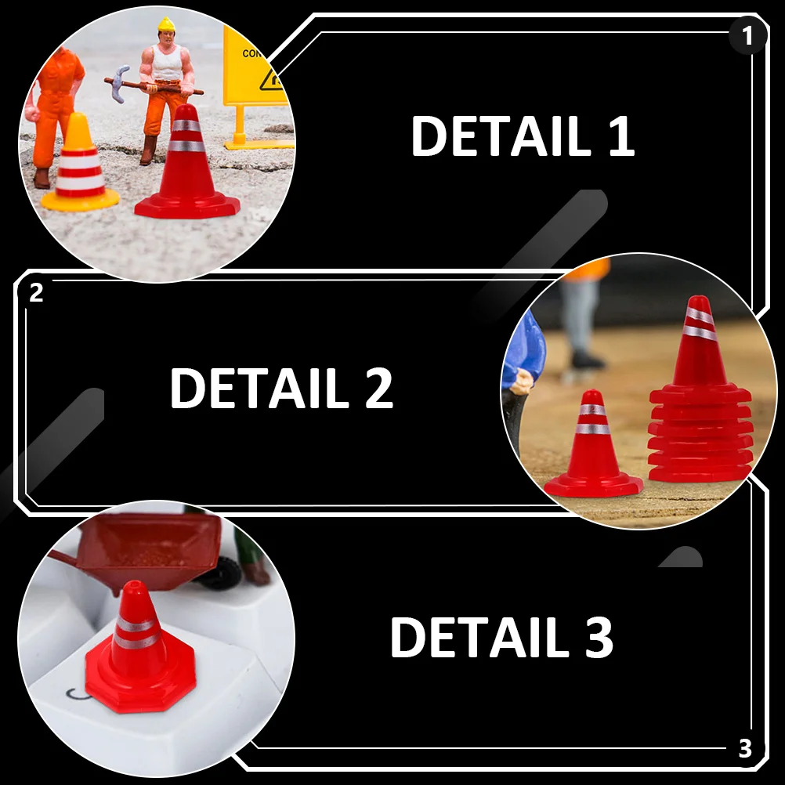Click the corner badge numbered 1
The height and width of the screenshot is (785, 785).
747,36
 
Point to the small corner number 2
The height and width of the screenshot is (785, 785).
36,294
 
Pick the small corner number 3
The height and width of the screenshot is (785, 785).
744,749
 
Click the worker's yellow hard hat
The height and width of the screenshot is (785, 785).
166,25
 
